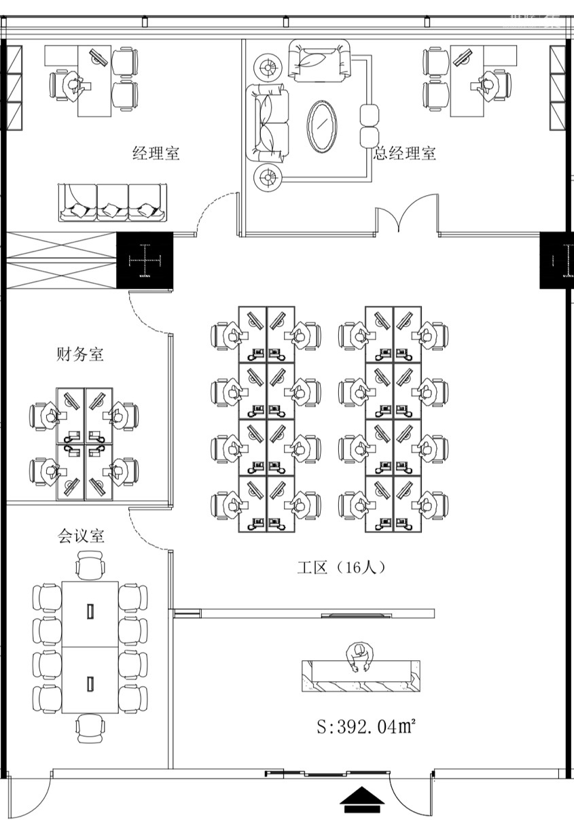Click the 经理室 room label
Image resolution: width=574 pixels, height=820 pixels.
[156, 154]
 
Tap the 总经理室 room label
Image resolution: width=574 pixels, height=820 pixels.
[405, 154]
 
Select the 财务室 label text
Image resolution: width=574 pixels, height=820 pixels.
[79, 354]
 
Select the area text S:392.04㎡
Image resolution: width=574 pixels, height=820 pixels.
[366, 727]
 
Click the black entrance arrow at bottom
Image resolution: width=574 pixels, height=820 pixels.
[361, 800]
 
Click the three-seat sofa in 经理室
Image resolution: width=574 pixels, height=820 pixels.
[112, 203]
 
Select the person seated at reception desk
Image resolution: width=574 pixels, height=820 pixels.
[360, 657]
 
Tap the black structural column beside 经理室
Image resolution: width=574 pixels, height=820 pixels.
[145, 260]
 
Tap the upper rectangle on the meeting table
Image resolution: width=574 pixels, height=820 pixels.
[90, 610]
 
